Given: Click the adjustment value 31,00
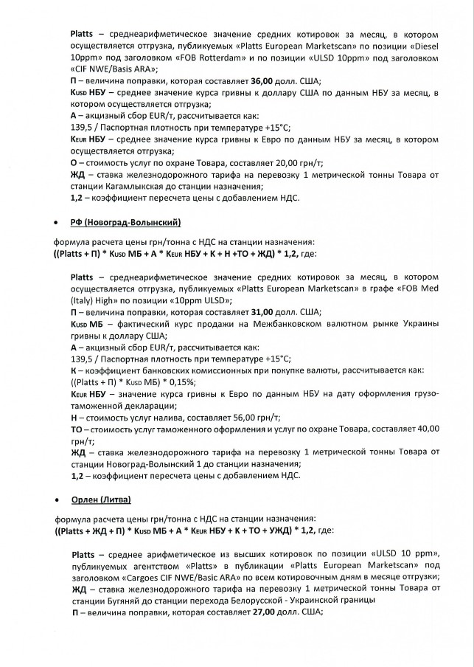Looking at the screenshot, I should click(x=260, y=311).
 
